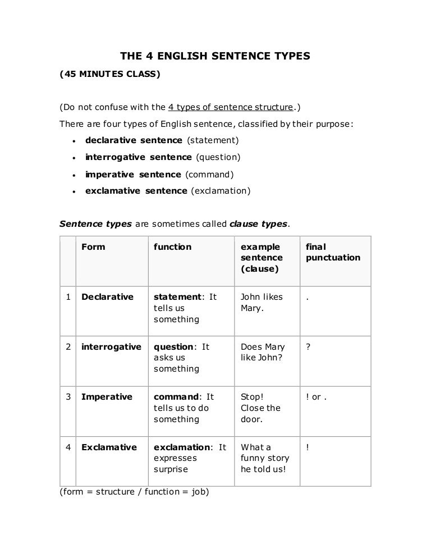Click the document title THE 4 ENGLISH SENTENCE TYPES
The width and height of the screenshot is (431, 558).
(x=215, y=56)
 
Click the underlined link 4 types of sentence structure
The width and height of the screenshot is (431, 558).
(x=231, y=107)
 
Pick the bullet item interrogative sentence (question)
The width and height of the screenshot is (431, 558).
(x=163, y=157)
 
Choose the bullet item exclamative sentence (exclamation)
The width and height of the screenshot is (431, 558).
(x=168, y=191)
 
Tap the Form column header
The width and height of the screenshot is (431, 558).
(x=93, y=247)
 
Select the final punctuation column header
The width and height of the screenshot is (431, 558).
(x=333, y=253)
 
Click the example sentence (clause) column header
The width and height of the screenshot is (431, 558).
(x=262, y=258)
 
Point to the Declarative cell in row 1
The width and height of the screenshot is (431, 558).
(x=107, y=297)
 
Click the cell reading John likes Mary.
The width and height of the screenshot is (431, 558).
(x=262, y=303)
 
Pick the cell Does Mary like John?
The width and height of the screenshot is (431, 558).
(x=263, y=353)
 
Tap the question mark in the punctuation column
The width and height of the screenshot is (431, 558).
(x=308, y=347)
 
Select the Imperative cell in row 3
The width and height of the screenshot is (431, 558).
(x=107, y=397)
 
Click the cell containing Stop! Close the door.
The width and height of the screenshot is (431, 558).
(x=260, y=408)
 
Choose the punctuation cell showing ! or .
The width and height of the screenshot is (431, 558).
(x=316, y=397)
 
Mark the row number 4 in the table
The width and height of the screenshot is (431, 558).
(x=67, y=447)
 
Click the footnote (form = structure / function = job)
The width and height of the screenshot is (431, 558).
(x=134, y=492)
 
